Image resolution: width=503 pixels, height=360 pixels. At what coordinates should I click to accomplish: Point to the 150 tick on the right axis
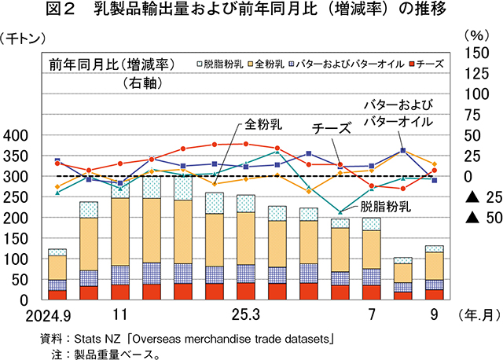(x=476, y=53)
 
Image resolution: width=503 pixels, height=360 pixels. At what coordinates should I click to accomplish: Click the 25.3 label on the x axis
(x=245, y=315)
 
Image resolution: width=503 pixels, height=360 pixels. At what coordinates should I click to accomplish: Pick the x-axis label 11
(x=120, y=315)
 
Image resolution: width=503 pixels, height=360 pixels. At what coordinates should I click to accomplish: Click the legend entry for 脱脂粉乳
(x=222, y=63)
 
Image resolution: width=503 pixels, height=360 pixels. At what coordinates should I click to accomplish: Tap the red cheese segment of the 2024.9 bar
(x=57, y=295)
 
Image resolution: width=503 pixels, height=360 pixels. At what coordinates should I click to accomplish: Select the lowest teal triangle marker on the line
(x=340, y=211)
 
